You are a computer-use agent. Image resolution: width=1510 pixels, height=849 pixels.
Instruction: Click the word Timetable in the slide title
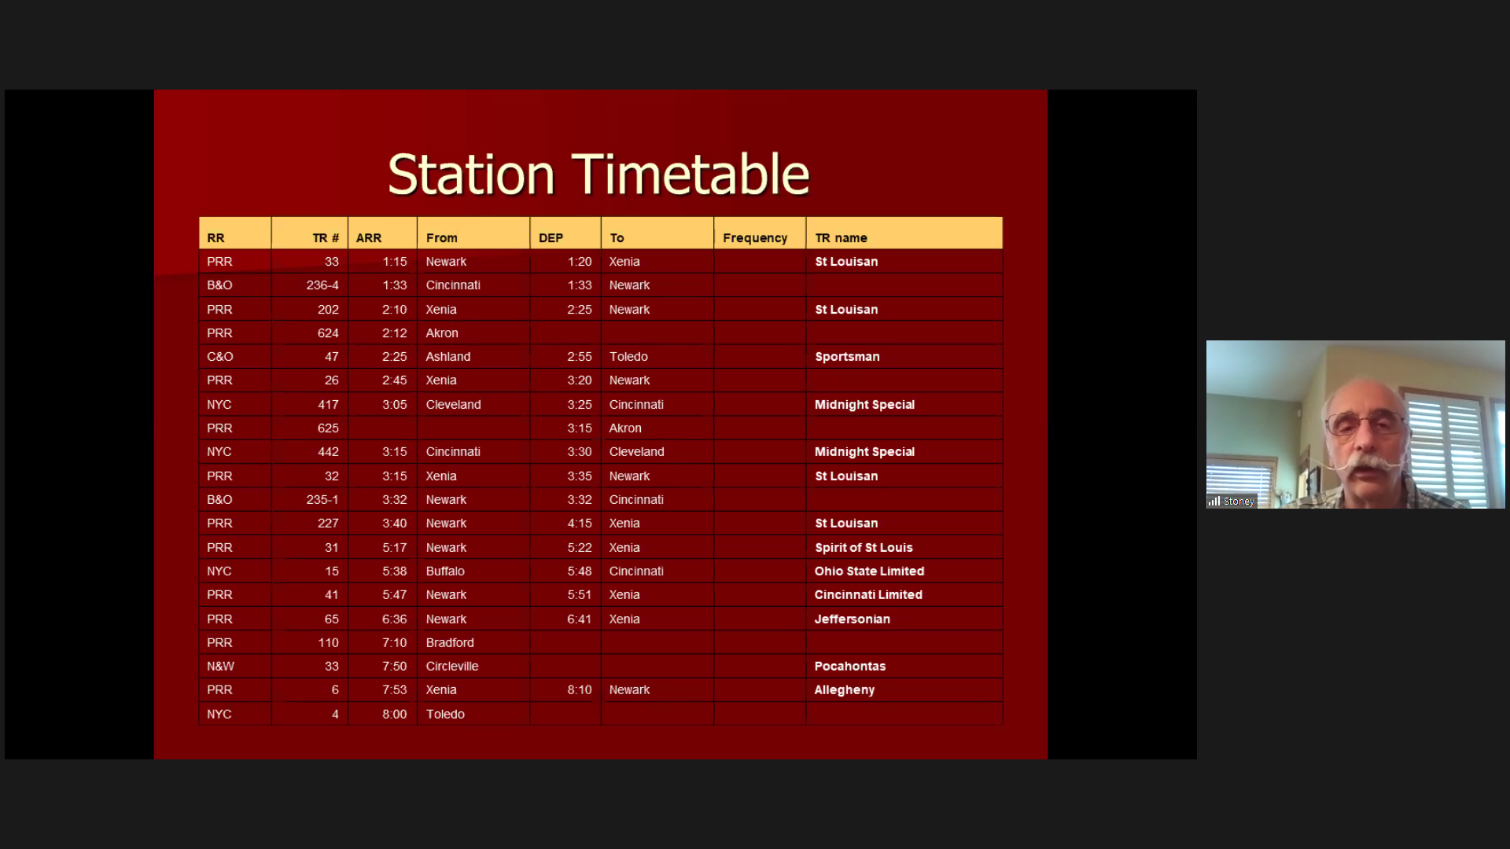[691, 174]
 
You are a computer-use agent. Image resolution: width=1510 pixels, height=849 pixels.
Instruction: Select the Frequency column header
[755, 237]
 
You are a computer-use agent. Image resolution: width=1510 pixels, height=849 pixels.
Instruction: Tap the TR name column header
[841, 237]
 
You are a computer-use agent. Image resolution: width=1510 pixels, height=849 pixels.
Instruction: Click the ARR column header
[369, 237]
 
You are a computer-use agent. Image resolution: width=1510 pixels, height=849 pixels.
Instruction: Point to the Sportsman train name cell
[847, 356]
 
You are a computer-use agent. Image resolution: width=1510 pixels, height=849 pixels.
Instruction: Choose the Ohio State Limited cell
[869, 571]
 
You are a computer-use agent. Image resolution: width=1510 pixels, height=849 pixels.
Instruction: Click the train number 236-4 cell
[322, 285]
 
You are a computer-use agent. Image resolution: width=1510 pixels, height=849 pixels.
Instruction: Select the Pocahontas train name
[850, 666]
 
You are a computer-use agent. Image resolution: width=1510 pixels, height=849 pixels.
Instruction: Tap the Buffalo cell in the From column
[445, 571]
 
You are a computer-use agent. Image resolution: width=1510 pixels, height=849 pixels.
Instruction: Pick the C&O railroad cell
[220, 356]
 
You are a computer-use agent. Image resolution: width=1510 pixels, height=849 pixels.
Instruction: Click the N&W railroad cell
[220, 666]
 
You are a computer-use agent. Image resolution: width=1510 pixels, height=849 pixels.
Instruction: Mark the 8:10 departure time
[580, 689]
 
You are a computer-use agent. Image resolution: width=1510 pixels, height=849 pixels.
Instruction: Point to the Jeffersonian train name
[853, 619]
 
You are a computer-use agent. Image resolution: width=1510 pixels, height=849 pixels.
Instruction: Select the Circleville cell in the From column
[452, 666]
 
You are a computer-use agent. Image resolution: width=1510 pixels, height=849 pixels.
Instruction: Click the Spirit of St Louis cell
[864, 547]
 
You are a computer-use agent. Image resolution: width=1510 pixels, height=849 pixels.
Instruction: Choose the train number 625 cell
[328, 428]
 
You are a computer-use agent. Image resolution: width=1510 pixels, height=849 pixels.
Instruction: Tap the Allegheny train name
[845, 689]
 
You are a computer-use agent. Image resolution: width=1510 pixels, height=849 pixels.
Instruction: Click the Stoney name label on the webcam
[1239, 501]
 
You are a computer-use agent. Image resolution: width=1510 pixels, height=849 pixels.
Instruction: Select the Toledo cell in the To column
[628, 356]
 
